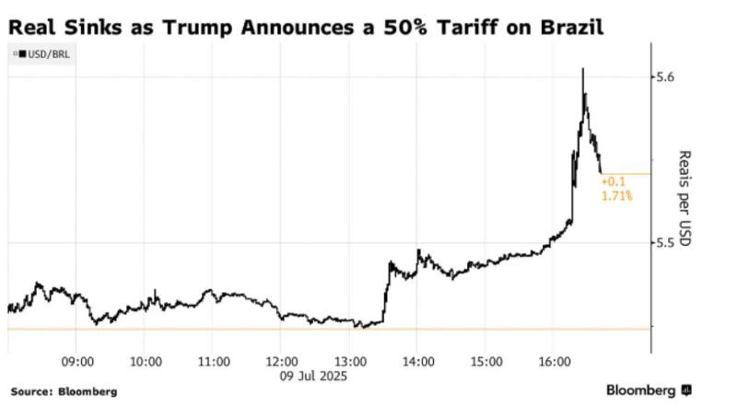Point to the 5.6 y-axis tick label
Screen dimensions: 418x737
[665, 76]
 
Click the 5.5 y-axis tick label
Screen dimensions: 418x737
[665, 243]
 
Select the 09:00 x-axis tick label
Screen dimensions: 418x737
[77, 362]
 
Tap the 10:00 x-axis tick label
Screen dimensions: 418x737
[146, 362]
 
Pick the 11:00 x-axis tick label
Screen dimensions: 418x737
[213, 362]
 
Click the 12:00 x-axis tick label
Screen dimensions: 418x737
[281, 362]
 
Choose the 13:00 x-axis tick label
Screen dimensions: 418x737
[349, 362]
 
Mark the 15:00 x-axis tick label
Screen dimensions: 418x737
[485, 362]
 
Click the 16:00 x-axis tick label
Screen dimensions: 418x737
[554, 362]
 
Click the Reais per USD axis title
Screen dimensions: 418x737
[685, 198]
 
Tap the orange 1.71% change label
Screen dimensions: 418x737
[615, 197]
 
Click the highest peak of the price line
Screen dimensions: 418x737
[583, 68]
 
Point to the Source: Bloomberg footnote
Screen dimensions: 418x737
[64, 392]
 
